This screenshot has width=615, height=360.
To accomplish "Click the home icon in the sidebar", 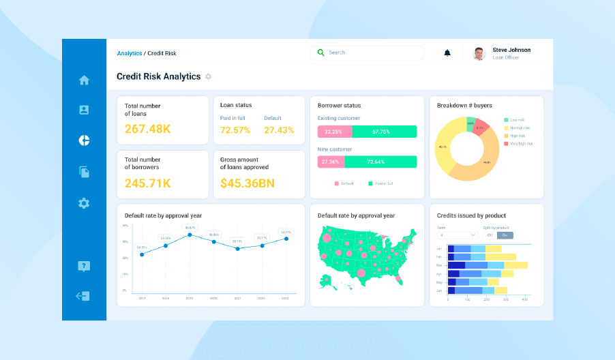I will pyautogui.click(x=84, y=80).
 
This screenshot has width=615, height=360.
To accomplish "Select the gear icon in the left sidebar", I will pyautogui.click(x=84, y=202).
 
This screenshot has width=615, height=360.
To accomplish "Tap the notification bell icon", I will pyautogui.click(x=447, y=52).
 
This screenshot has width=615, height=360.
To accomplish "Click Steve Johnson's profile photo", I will pyautogui.click(x=479, y=53).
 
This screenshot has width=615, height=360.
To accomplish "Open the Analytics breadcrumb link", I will pyautogui.click(x=129, y=53).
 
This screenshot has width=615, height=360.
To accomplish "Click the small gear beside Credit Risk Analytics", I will pyautogui.click(x=209, y=76).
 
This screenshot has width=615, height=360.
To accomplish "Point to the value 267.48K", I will pyautogui.click(x=147, y=129).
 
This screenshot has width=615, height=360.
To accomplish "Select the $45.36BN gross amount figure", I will pyautogui.click(x=247, y=183).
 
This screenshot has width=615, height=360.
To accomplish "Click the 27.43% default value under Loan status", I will pyautogui.click(x=278, y=130).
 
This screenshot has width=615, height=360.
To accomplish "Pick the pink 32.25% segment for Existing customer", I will pyautogui.click(x=333, y=132).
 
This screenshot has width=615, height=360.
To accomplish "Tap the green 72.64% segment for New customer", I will pyautogui.click(x=380, y=162).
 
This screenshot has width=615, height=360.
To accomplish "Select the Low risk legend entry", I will pyautogui.click(x=517, y=120).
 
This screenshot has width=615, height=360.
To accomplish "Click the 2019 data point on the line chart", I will pyautogui.click(x=190, y=235).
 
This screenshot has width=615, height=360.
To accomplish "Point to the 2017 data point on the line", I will pyautogui.click(x=142, y=254).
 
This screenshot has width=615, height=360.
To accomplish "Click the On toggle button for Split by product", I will pyautogui.click(x=506, y=235).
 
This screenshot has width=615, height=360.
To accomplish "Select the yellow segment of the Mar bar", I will pyautogui.click(x=515, y=265).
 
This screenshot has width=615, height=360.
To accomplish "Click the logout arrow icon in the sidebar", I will pyautogui.click(x=83, y=296).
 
